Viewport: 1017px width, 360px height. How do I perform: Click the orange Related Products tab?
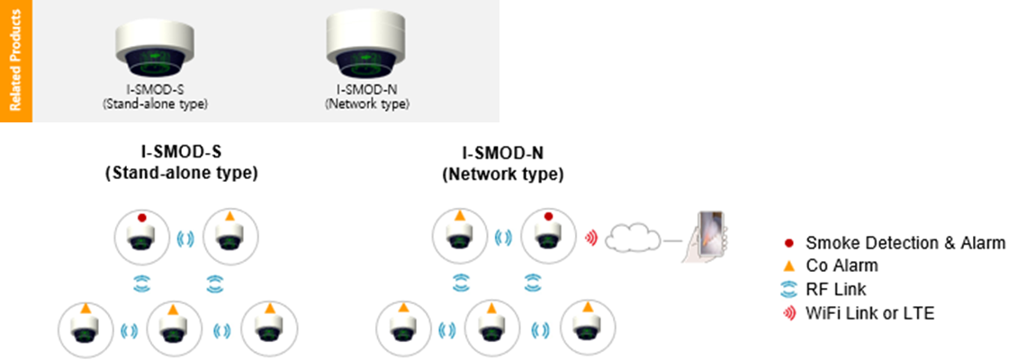coord(15,61)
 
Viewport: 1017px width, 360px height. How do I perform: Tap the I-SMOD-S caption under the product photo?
coord(155,96)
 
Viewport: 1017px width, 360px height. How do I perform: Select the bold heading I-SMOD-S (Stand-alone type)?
coord(181,165)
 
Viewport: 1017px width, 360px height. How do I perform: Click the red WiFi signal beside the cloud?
coord(590,238)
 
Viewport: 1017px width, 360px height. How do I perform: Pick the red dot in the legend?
coord(788,243)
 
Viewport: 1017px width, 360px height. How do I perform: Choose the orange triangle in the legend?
coord(788,266)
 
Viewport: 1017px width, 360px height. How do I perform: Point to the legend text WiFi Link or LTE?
coord(869,313)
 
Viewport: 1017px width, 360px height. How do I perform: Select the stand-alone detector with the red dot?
coord(142,238)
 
